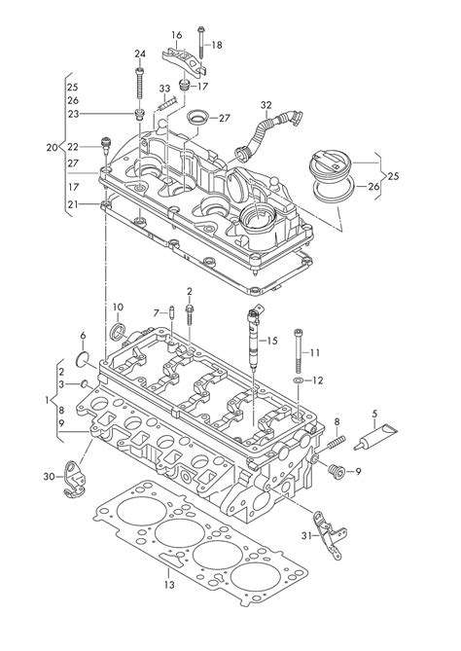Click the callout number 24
click(140, 54)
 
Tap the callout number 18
click(217, 45)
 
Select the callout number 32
click(266, 105)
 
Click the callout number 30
click(48, 476)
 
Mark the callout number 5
click(375, 413)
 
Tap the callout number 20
click(53, 148)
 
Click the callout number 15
click(272, 340)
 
